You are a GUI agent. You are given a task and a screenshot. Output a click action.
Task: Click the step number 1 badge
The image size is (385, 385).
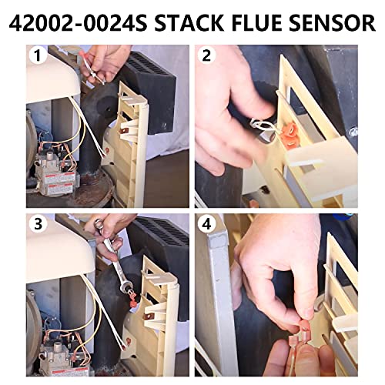tap(35, 56)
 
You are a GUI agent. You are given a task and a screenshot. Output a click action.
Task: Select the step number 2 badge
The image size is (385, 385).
tap(206, 56)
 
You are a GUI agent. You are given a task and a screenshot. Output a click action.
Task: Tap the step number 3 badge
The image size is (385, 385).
tap(35, 226)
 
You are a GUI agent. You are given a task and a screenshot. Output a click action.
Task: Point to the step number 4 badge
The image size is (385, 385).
tap(206, 226)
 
